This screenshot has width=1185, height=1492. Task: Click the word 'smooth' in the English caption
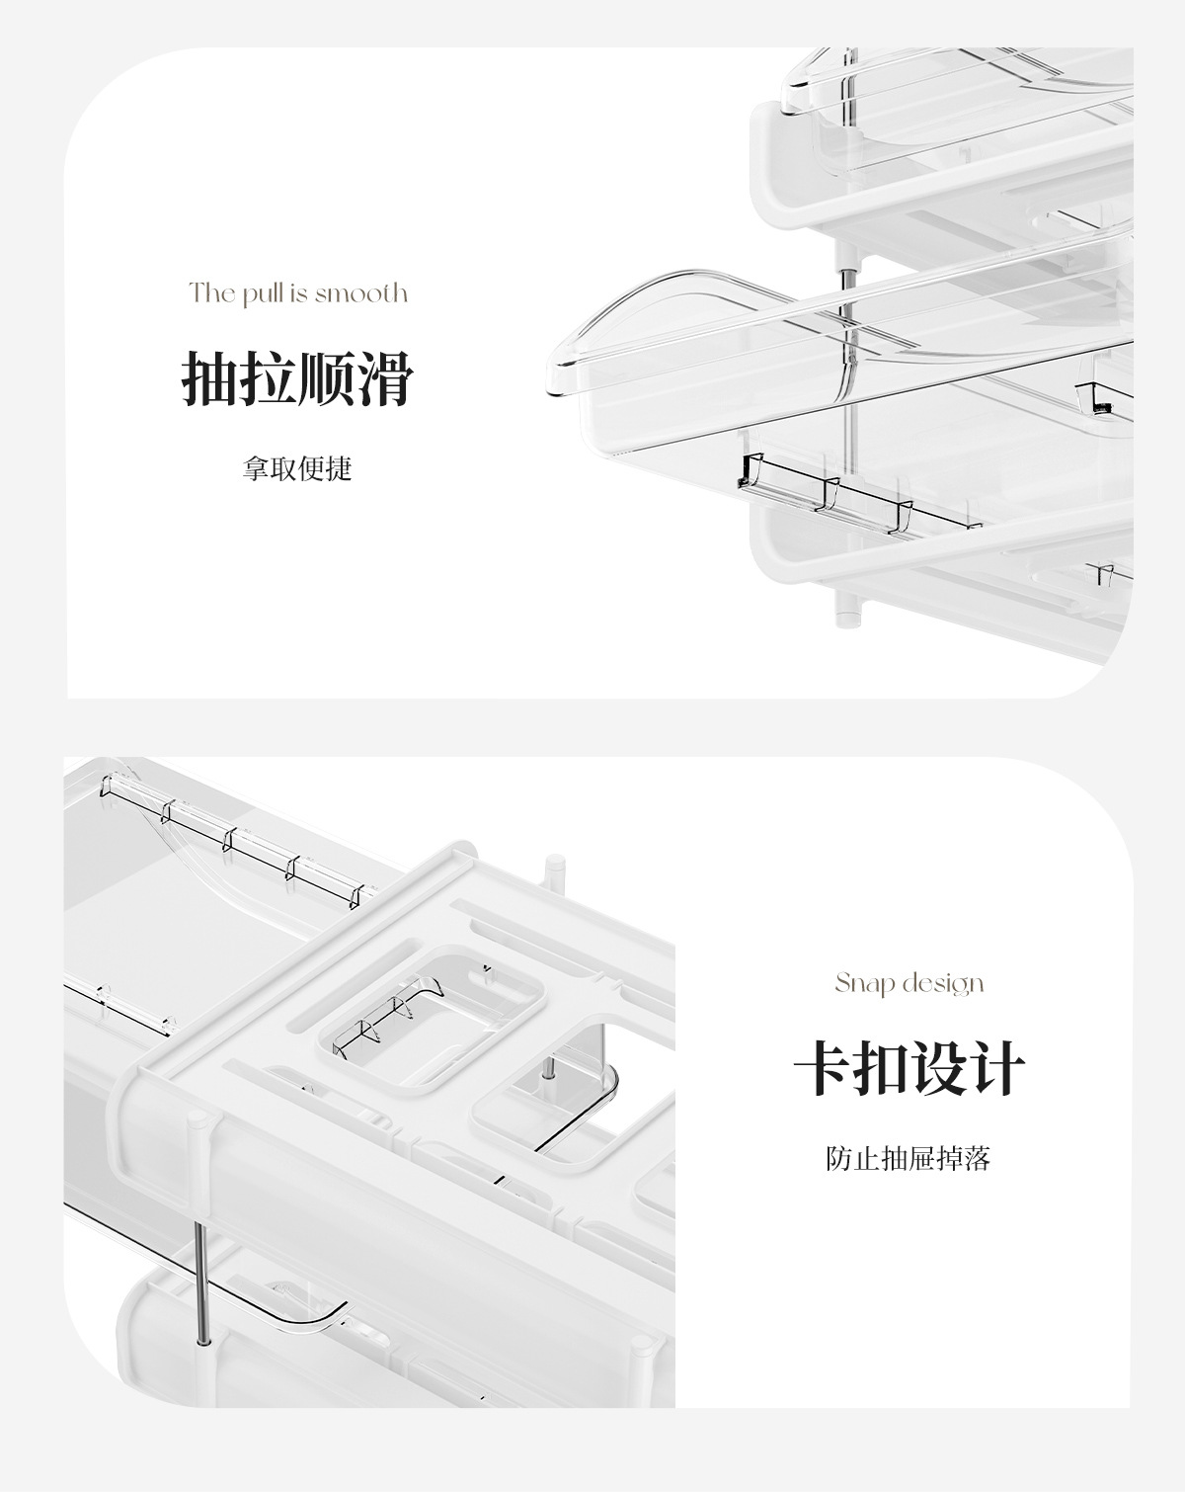coord(361,292)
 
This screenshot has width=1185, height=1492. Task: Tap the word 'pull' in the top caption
coord(264,293)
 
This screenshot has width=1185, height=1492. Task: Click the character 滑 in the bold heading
coord(383,378)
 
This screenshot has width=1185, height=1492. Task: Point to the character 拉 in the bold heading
coord(268,378)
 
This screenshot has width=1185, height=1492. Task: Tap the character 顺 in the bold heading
coord(326,378)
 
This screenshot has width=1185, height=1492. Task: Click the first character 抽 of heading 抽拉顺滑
coord(210,378)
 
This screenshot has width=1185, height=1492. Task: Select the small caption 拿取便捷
coord(297,468)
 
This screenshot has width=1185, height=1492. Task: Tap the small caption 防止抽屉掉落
coord(908,1158)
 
